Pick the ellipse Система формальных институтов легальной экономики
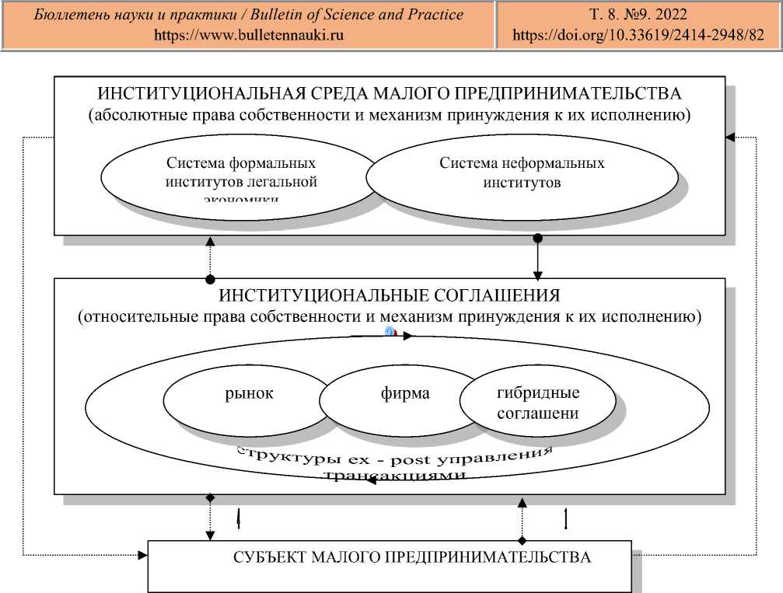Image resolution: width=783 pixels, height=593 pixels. point(242,176)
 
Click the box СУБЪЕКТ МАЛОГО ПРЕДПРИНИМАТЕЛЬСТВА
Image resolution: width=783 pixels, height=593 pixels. point(411,559)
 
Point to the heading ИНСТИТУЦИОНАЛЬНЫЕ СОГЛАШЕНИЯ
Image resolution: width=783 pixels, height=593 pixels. point(389,297)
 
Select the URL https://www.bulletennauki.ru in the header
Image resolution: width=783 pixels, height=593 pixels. point(249,34)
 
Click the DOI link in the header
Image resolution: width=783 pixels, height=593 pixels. point(638,34)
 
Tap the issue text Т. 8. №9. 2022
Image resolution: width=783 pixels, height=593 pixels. point(638,15)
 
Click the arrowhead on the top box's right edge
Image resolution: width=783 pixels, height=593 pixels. point(730,138)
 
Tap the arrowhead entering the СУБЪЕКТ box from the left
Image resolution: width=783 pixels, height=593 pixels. point(142,555)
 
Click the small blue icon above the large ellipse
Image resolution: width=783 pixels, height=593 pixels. point(391,332)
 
